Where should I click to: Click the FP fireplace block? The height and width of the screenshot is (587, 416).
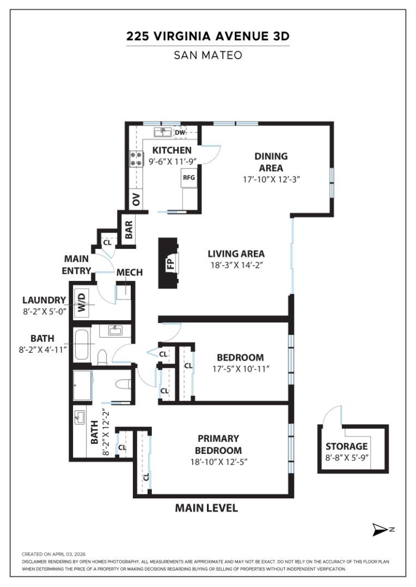coord(169,263)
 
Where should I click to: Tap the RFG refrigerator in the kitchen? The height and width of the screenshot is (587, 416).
coord(188,178)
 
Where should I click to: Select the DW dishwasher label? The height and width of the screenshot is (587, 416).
coord(180,132)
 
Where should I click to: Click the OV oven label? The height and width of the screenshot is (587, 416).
coord(136,199)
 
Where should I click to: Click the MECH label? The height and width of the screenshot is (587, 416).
coord(130,272)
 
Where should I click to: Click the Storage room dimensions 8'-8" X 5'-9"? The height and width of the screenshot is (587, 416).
coord(347,457)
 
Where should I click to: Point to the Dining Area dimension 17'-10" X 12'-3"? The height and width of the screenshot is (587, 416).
coord(272,178)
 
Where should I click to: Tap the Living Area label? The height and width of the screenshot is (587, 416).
coord(236,254)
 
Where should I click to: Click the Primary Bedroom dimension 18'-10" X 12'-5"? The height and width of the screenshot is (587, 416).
coord(218,463)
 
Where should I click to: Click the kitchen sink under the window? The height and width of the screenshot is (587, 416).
coord(162,132)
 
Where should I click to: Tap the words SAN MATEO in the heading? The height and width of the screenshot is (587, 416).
coord(207,55)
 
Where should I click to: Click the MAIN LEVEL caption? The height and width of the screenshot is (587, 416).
coord(206,508)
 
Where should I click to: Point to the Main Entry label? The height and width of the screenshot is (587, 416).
coord(76,265)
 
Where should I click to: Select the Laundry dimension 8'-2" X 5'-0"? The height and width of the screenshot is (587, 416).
coord(44,313)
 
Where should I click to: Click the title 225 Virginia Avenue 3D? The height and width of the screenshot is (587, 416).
coord(207,36)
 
